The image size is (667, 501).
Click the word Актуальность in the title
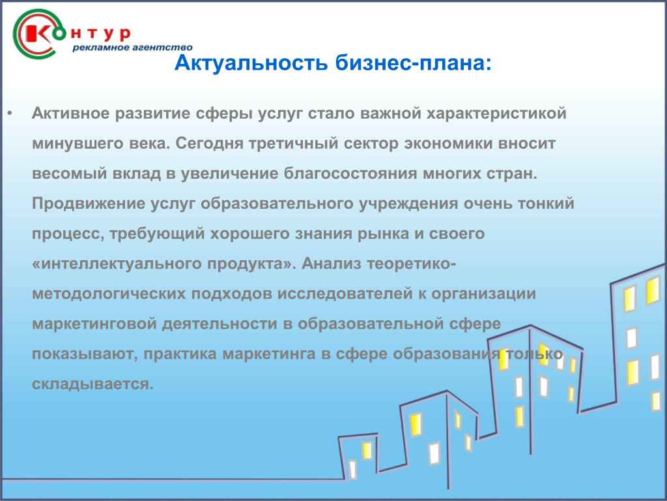point(251,63)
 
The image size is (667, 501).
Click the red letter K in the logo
point(37,33)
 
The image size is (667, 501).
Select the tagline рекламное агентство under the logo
point(132,47)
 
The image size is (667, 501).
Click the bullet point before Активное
point(10,114)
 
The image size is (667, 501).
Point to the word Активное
point(70,114)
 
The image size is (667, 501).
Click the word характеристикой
point(496,114)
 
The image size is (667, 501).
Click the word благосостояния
point(350,174)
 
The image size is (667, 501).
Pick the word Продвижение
point(89,204)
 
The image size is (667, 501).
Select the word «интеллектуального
point(117,264)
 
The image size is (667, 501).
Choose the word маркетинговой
point(94,324)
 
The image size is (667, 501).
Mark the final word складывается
point(92,384)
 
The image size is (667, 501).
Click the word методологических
point(109,294)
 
